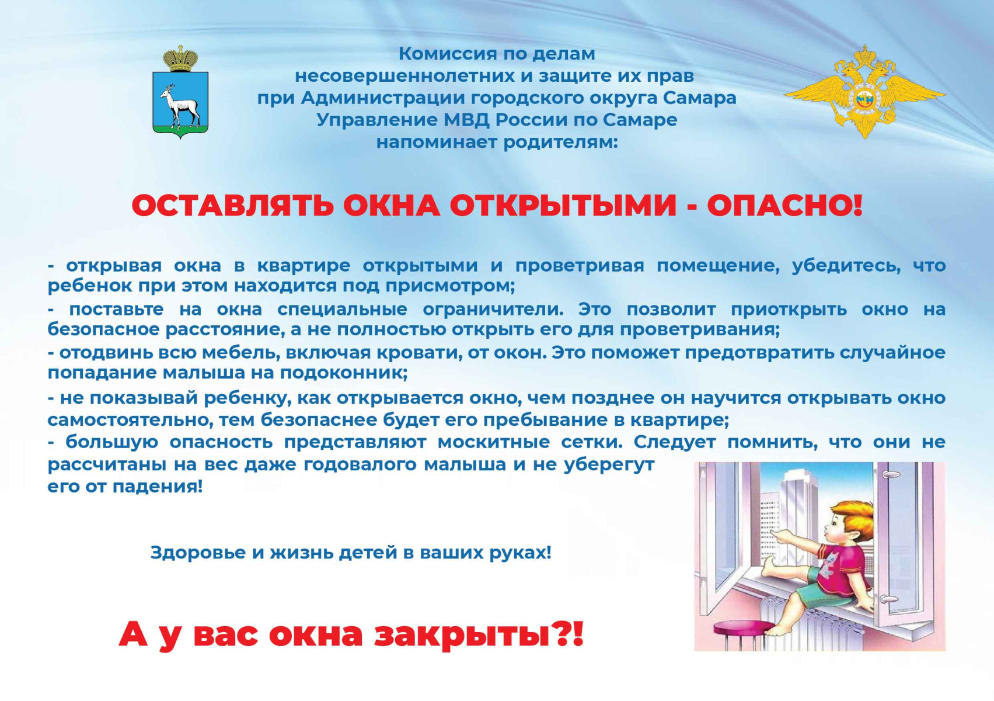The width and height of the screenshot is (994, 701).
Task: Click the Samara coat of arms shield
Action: click(180, 105)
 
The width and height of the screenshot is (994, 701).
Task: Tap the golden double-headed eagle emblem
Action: click(865, 92)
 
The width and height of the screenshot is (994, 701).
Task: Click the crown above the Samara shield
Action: click(180, 58)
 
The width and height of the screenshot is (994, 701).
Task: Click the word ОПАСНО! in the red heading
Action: click(784, 206)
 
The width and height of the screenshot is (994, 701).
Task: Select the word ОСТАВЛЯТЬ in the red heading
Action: click(232, 206)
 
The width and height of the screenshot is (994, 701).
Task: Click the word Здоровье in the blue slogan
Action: click(198, 553)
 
